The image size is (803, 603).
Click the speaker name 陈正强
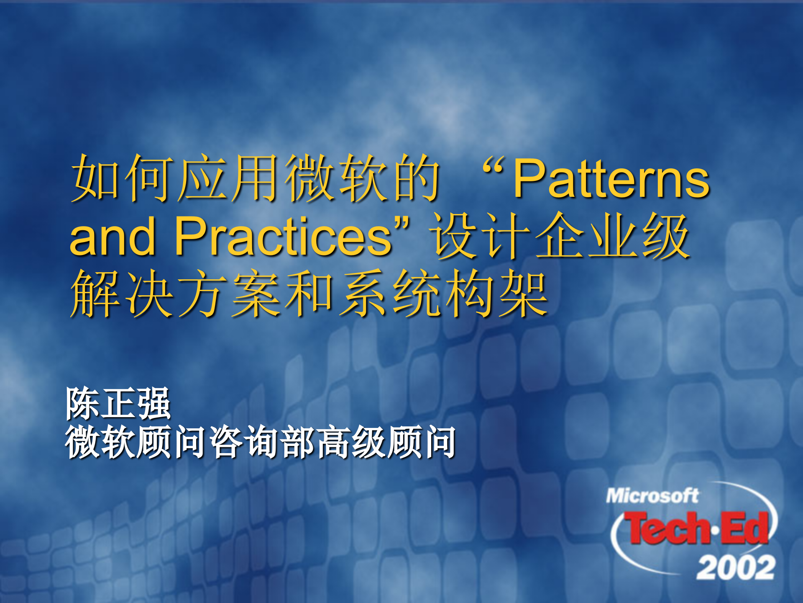(x=118, y=404)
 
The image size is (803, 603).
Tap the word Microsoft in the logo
(x=652, y=496)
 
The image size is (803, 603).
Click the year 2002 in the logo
(x=736, y=567)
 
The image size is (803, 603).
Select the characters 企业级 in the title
(x=613, y=237)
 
